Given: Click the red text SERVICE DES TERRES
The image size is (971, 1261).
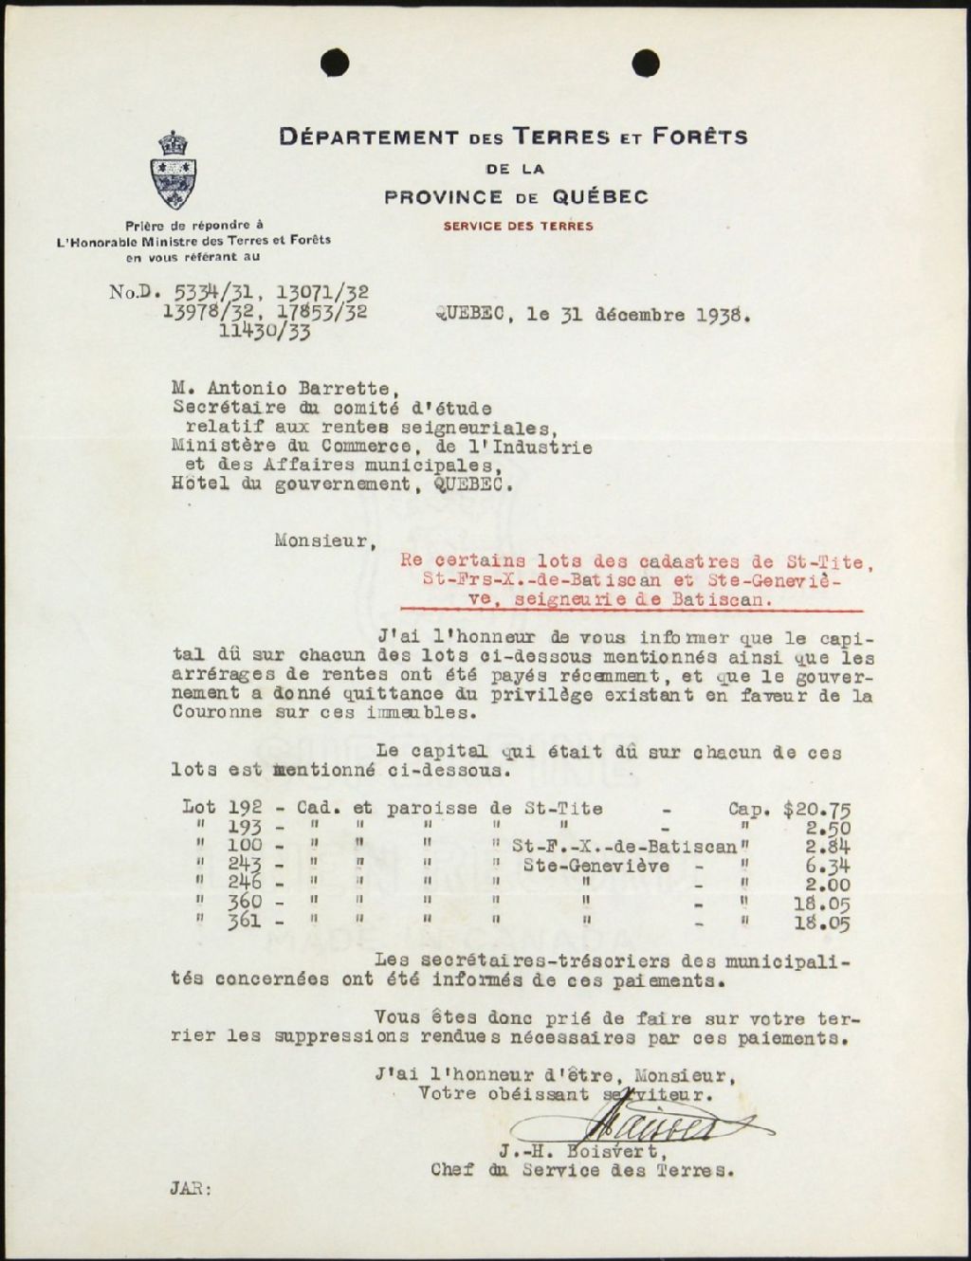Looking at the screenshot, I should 518,226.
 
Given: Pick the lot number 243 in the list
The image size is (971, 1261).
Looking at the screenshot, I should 244,866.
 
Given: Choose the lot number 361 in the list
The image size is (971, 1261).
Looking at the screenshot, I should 244,921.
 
